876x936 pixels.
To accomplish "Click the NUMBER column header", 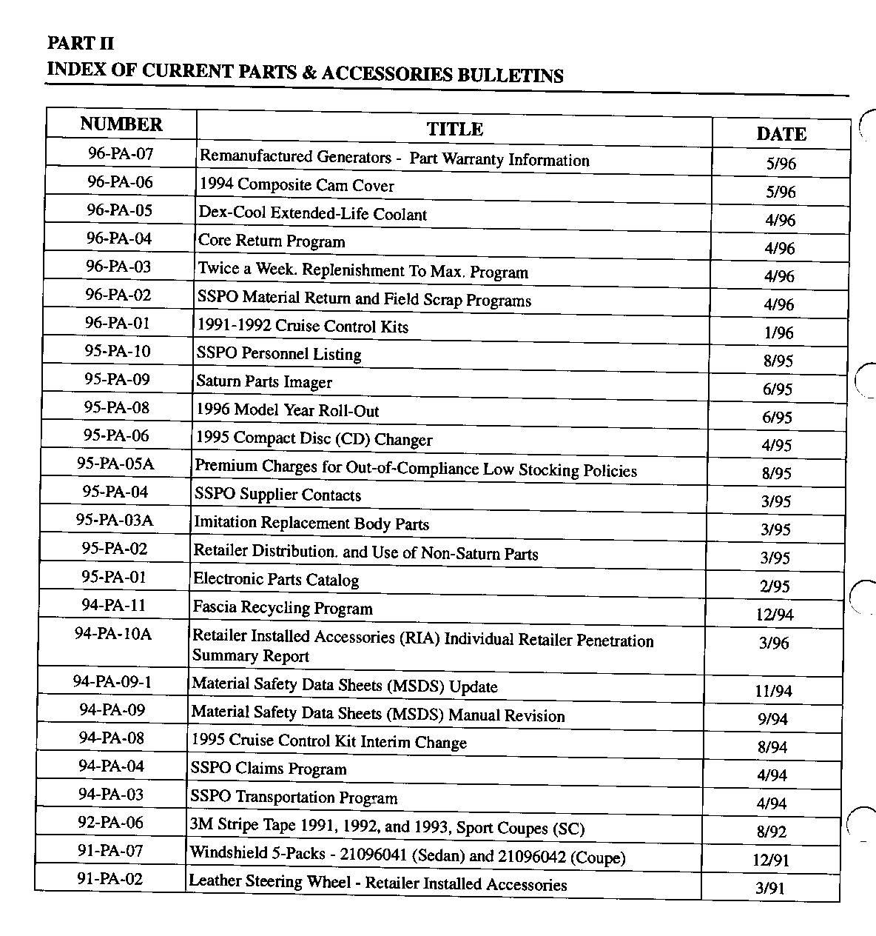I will point(121,124).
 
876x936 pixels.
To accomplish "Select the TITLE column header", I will point(454,130).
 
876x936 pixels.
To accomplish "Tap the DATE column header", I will point(781,134).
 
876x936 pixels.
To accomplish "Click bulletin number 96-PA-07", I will point(121,154).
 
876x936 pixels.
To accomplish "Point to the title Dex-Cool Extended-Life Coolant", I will point(312,214).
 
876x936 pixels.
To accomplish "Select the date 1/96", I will point(778,333).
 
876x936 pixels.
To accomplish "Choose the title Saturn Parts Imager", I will point(264,382).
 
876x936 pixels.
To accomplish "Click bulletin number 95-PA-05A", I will point(115,464).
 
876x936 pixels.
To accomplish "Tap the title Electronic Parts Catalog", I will point(276,580).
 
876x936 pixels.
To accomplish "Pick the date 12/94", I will point(775,615).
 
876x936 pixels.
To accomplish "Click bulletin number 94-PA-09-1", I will point(112,682).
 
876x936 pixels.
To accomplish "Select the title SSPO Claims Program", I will point(269,769).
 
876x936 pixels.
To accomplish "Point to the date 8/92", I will point(772,832).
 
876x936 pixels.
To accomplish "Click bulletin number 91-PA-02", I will point(110,880).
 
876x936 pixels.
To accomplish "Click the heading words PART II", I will point(81,44).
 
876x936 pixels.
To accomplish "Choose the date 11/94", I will point(773,692).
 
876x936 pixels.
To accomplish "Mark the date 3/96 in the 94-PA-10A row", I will point(774,643).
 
